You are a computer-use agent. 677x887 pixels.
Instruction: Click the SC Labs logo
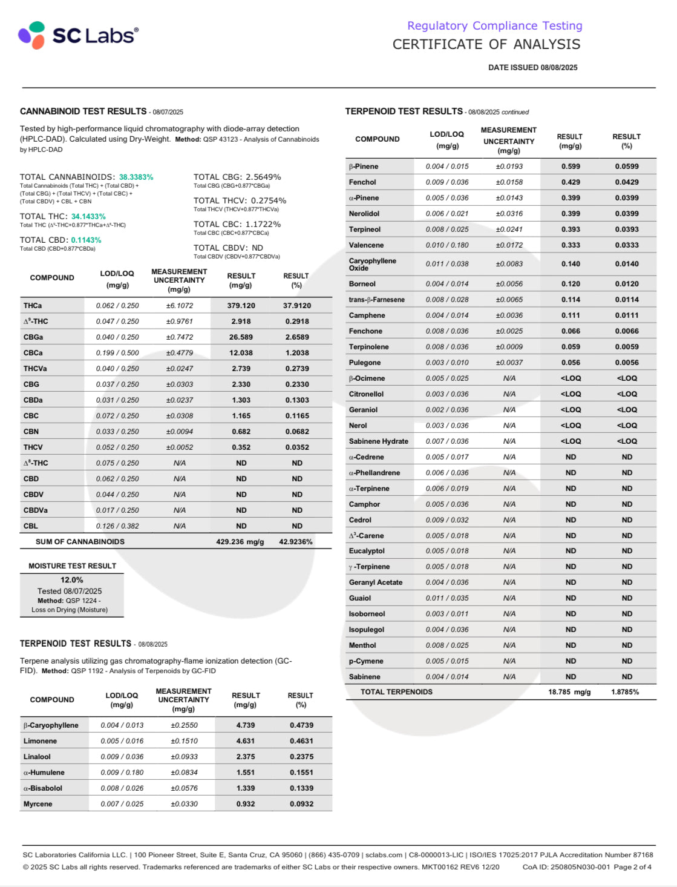78,35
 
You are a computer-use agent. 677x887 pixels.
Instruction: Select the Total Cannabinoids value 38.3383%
136,177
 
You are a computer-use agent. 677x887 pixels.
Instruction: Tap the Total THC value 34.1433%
88,217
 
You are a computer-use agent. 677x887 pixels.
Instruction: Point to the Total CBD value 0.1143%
86,240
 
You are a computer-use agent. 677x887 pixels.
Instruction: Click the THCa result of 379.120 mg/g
241,306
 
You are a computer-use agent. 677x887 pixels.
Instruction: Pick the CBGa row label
33,337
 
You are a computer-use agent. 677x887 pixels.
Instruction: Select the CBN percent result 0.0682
297,432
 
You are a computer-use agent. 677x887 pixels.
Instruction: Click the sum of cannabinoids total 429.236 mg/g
240,542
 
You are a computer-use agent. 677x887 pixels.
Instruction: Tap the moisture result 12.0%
71,580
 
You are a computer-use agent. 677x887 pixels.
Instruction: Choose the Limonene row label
40,741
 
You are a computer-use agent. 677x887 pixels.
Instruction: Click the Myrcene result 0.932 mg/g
245,804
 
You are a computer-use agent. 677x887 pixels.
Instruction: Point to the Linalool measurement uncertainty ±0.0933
184,757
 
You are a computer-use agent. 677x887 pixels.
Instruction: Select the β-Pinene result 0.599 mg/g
571,167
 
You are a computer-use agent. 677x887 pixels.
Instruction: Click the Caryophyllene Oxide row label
372,264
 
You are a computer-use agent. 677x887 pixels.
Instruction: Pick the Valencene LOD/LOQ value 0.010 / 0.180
446,245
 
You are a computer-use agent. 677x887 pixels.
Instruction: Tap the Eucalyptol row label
367,551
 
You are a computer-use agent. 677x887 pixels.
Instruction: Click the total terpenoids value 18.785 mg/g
569,692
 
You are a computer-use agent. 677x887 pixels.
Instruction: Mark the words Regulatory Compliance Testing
494,26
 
